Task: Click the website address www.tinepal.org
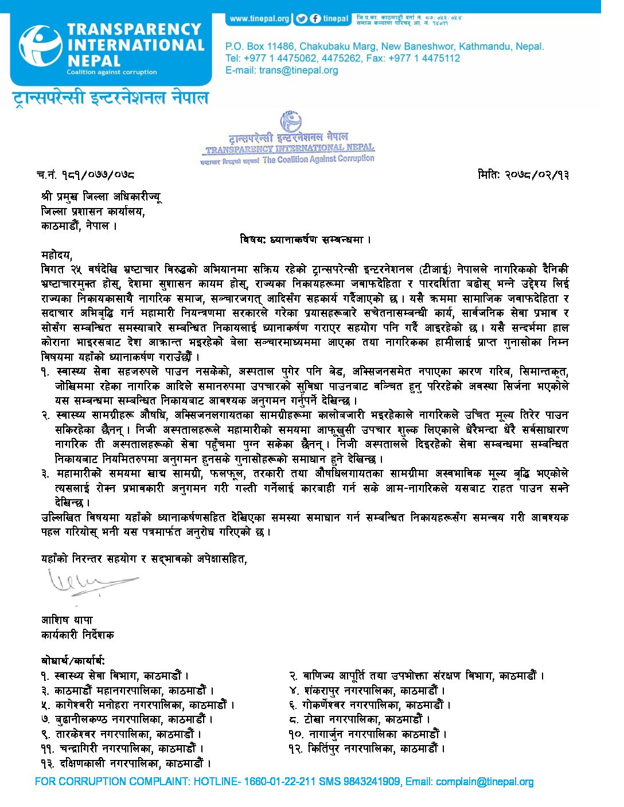[259, 19]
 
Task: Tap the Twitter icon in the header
[302, 19]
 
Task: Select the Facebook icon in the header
[315, 19]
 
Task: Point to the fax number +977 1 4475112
[424, 58]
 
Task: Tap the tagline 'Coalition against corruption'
[111, 72]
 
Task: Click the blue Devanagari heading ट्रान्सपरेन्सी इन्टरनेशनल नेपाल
[111, 97]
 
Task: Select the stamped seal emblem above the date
[290, 122]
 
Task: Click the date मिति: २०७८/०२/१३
[522, 175]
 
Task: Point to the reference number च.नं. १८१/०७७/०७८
[86, 175]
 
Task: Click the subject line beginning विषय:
[305, 240]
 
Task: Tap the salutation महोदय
[57, 254]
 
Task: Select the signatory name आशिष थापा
[67, 620]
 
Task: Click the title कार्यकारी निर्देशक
[77, 635]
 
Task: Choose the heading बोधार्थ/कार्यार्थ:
[73, 661]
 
